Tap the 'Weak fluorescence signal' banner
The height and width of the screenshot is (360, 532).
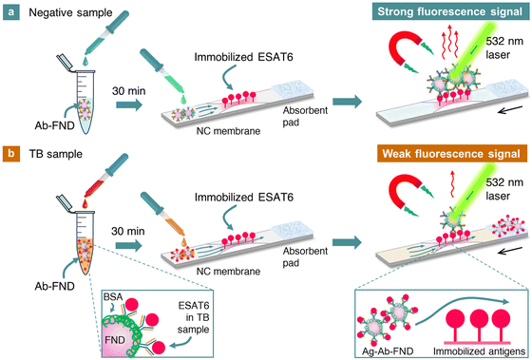click(448, 154)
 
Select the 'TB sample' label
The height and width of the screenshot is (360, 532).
click(53, 155)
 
